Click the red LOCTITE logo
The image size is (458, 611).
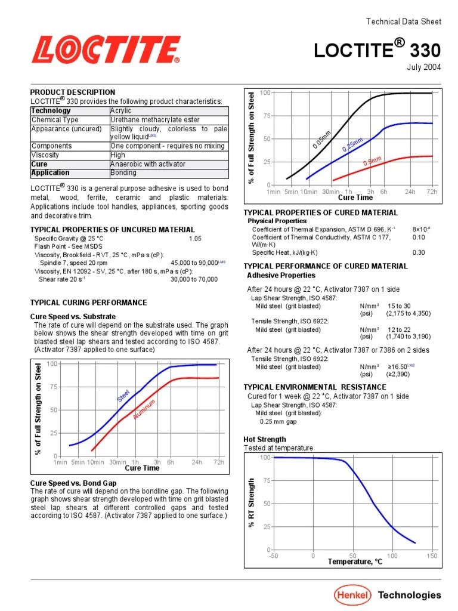(x=106, y=50)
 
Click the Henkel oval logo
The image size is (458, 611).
(x=352, y=594)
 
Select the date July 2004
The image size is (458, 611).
(x=424, y=67)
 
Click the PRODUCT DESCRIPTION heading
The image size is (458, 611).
(x=72, y=92)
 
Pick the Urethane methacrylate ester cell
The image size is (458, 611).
(x=147, y=120)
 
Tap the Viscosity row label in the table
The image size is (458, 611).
(x=45, y=155)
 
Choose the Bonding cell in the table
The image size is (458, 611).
(x=123, y=173)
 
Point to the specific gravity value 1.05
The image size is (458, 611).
(x=196, y=239)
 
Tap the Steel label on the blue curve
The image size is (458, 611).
(x=123, y=395)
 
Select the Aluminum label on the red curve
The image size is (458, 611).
(x=144, y=409)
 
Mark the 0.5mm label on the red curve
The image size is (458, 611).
(x=372, y=162)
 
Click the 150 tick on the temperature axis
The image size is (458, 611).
(x=432, y=556)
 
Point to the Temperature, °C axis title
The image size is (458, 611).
(x=355, y=562)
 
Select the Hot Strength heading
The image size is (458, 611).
(x=265, y=440)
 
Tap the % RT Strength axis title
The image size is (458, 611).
(x=252, y=502)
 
